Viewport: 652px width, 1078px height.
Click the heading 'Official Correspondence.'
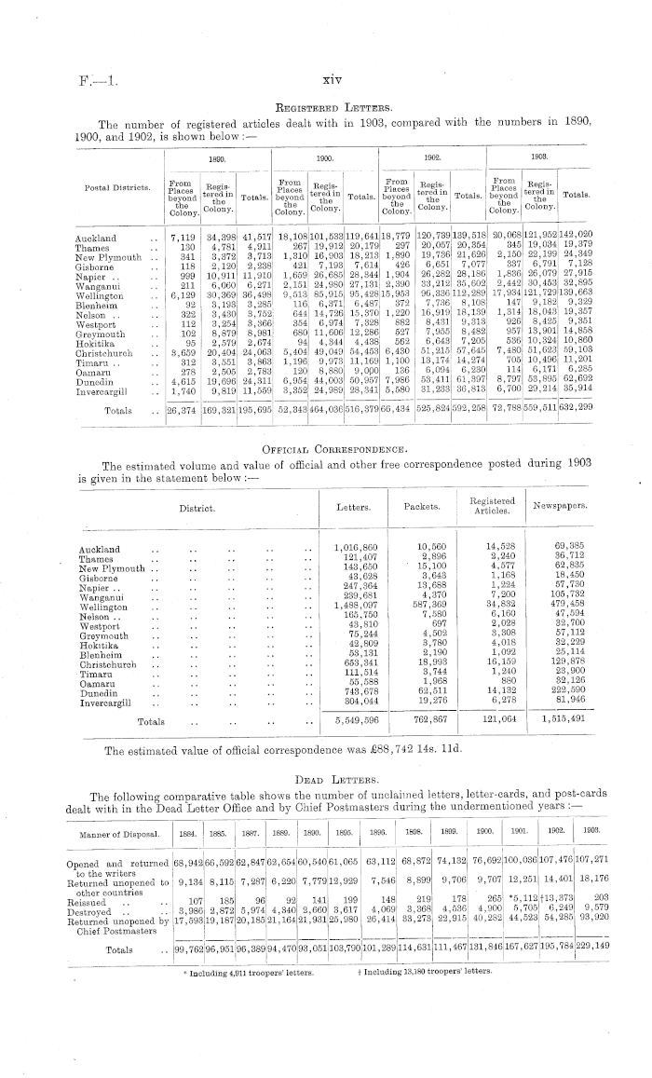[x=325, y=449]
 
